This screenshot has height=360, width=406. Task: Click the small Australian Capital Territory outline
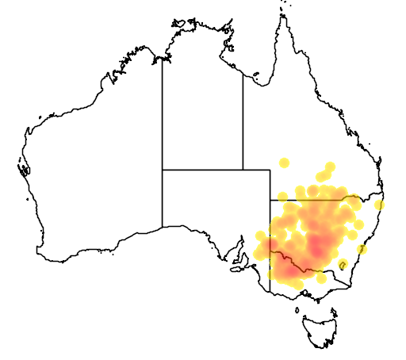pos(343,264)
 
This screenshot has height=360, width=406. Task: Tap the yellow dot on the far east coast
pos(380,205)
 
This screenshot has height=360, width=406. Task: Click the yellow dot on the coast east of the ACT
pos(362,249)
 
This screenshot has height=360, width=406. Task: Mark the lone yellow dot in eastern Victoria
pos(322,278)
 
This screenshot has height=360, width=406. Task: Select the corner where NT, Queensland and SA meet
pos(243,170)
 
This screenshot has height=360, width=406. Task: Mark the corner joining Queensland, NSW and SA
pos(270,200)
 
